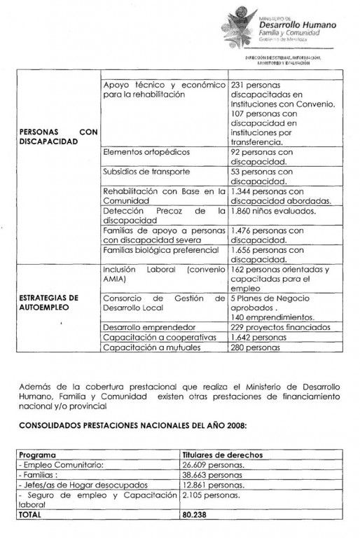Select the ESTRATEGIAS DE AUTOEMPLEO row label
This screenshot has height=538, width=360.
50,302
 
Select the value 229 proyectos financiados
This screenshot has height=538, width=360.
279,326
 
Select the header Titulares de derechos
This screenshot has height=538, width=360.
222,455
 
